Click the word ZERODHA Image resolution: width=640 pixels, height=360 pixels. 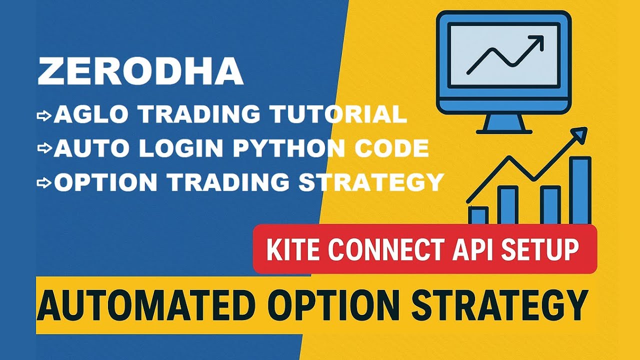point(140,71)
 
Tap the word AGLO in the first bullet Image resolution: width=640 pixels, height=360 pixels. point(91,114)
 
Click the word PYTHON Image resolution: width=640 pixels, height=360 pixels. point(289,148)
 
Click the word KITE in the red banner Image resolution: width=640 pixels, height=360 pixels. point(293,249)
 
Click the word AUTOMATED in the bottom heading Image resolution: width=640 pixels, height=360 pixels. point(146,305)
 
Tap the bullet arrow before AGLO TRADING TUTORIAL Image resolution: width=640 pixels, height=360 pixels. point(44,116)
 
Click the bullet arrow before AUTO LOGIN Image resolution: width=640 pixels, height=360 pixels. point(44,148)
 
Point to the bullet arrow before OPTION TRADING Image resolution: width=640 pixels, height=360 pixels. point(44,183)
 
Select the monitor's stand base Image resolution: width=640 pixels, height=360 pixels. point(504,131)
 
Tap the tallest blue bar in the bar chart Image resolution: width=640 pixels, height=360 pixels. point(580,190)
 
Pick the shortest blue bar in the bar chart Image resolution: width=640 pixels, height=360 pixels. point(478,215)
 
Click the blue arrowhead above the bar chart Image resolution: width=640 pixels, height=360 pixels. point(579,134)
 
